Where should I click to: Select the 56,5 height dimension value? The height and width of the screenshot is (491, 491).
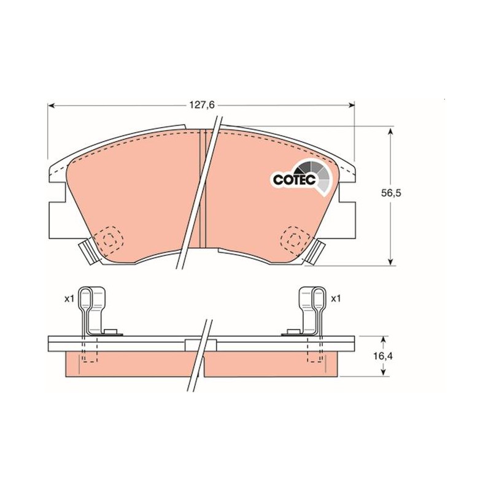tap(391, 193)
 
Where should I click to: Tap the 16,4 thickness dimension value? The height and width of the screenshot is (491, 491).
tap(383, 356)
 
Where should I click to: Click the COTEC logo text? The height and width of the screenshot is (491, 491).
tap(294, 180)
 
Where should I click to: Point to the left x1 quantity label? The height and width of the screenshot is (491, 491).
tap(69, 299)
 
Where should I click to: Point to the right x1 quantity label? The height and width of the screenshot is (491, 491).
tap(335, 299)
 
